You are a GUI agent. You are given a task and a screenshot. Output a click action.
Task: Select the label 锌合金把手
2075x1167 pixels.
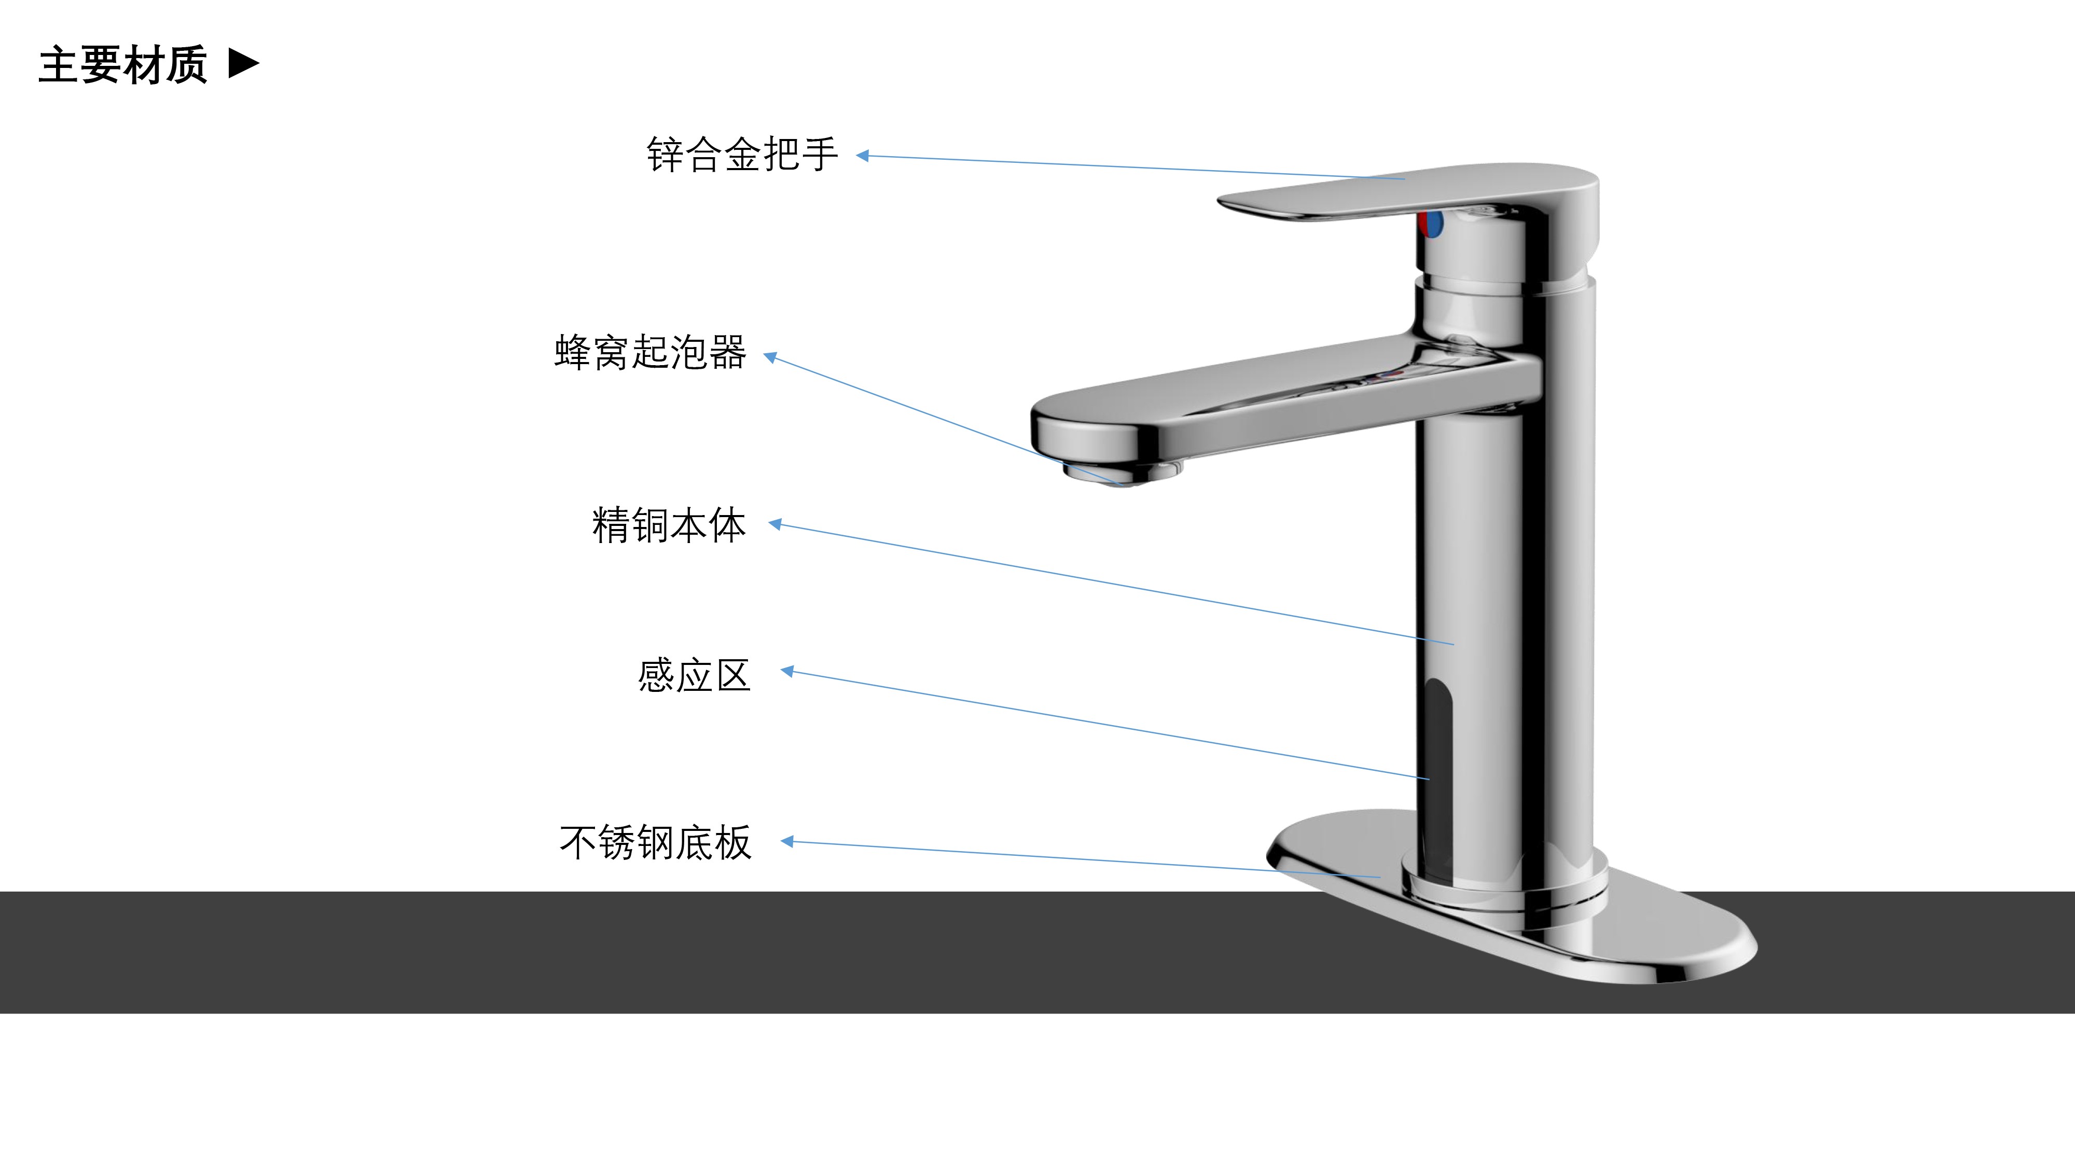point(742,155)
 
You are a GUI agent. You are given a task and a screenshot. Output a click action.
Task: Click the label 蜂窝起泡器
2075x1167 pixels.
point(650,353)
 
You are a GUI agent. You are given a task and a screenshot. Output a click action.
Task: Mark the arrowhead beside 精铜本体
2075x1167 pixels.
point(776,524)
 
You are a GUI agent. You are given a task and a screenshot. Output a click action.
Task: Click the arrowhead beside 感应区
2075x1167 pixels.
point(788,671)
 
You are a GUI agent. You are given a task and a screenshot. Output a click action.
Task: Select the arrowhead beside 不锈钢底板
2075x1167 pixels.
point(788,842)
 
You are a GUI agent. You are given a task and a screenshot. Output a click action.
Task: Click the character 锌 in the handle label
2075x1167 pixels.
point(665,155)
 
